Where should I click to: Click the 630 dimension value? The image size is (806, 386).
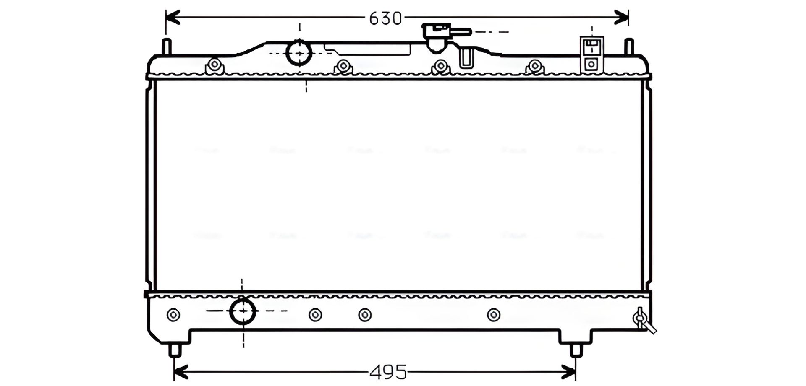pyautogui.click(x=385, y=18)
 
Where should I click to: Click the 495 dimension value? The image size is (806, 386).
pyautogui.click(x=388, y=371)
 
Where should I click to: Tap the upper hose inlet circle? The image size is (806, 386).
pyautogui.click(x=299, y=53)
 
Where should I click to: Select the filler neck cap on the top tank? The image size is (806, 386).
pyautogui.click(x=437, y=37)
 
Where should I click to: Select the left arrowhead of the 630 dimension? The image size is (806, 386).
pyautogui.click(x=172, y=18)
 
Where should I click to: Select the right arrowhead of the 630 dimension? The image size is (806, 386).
pyautogui.click(x=622, y=18)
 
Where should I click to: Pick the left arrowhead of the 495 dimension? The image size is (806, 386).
pyautogui.click(x=180, y=371)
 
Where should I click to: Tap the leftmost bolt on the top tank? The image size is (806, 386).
pyautogui.click(x=215, y=65)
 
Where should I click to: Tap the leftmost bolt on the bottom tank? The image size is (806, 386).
pyautogui.click(x=173, y=314)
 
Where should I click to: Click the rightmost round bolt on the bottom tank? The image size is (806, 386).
pyautogui.click(x=494, y=314)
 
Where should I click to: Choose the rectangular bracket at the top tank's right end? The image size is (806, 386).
pyautogui.click(x=592, y=54)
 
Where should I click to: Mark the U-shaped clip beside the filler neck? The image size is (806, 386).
pyautogui.click(x=466, y=58)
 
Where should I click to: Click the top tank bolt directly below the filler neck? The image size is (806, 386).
pyautogui.click(x=440, y=66)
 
